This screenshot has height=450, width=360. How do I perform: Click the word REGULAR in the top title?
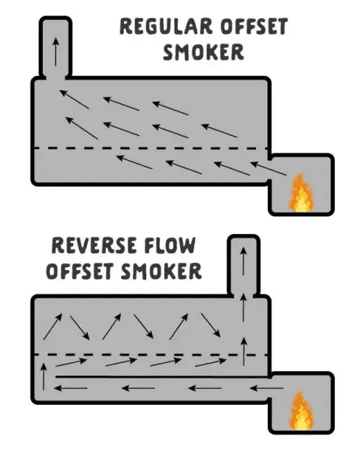166,26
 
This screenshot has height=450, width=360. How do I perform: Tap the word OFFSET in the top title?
254,26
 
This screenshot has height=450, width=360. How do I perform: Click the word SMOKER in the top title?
203,52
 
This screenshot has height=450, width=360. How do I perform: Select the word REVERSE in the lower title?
94,245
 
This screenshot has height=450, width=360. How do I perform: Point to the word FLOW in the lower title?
170,245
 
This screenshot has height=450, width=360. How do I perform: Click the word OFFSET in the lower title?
79,271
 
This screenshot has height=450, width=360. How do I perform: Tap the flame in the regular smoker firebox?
300,192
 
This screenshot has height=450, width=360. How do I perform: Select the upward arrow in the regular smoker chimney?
56,52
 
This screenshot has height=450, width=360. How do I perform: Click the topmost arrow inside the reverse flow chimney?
243,262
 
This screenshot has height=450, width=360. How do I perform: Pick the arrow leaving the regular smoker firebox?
269,169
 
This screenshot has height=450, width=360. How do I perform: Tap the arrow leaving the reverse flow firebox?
266,388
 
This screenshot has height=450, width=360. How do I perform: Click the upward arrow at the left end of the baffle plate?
44,377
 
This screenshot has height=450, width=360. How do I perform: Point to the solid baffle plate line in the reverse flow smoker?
162,377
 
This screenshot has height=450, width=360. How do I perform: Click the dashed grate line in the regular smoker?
151,148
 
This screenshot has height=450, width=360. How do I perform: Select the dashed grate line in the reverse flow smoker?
151,355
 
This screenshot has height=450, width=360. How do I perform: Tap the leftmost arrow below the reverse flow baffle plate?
70,388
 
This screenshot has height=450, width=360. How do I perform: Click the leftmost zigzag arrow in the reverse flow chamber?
53,326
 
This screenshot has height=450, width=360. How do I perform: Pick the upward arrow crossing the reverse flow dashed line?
244,352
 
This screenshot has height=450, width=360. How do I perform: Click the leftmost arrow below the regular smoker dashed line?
134,162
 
